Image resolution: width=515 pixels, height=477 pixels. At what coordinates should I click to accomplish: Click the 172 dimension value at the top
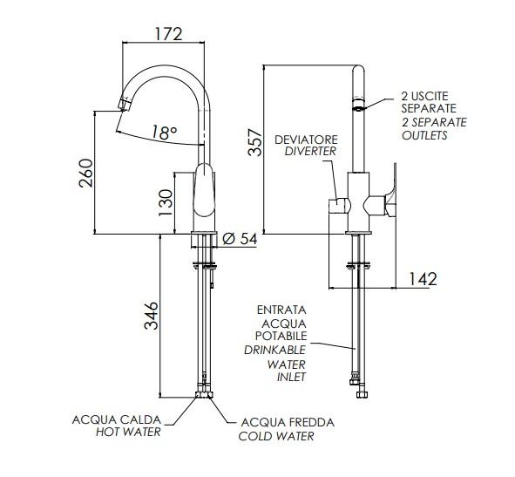168,34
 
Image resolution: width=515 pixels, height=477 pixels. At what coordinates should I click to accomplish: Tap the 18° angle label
164,133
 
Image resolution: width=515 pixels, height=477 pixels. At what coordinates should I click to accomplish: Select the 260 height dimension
86,173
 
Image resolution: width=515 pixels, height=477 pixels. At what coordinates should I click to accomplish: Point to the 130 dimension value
166,202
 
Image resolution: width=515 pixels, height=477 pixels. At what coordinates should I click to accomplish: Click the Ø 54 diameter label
240,238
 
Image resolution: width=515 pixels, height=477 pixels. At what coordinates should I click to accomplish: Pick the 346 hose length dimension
152,316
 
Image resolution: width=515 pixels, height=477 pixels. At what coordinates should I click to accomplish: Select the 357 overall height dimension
255,142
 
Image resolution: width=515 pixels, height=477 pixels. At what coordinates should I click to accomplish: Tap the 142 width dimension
423,279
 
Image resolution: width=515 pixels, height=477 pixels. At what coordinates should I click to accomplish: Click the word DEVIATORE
306,140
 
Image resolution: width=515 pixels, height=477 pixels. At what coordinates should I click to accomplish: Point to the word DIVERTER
311,152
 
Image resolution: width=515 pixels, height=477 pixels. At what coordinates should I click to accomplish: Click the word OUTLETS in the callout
424,135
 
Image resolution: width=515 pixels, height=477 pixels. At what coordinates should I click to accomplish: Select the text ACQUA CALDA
117,419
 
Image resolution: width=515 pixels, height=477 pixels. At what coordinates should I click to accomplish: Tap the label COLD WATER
276,436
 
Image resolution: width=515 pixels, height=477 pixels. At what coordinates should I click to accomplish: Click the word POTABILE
281,336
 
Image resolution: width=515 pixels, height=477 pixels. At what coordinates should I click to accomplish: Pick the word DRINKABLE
274,350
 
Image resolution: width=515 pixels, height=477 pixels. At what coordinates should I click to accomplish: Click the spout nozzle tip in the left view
124,104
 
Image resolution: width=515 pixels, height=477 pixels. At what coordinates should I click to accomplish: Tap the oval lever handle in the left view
204,190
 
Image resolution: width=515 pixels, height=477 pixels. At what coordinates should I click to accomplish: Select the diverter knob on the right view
340,206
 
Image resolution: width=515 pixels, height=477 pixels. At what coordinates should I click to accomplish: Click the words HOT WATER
128,432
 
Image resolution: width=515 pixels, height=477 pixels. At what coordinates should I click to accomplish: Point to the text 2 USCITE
424,96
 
